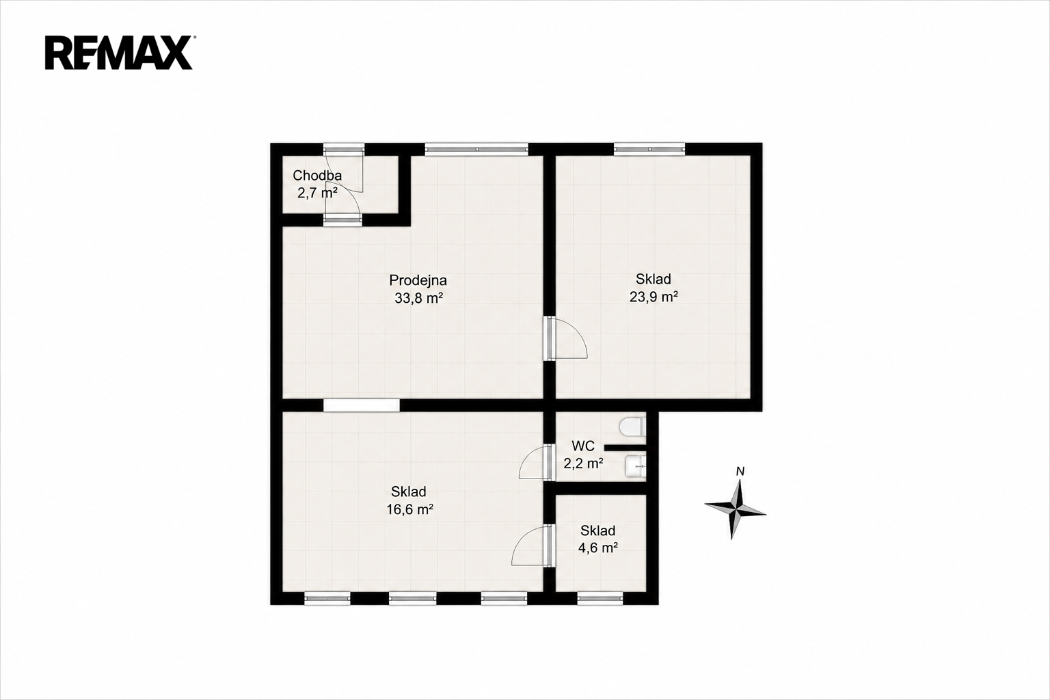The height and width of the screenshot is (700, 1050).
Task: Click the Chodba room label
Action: tap(317, 176)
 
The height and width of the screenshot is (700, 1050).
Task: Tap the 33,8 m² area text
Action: tap(418, 298)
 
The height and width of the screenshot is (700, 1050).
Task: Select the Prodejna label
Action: tap(418, 280)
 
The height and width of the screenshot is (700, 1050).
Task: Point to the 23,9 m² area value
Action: tap(654, 297)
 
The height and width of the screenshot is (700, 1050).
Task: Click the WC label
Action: tap(583, 446)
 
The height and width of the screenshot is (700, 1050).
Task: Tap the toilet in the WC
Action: tap(632, 427)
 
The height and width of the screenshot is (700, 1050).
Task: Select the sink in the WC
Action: tap(636, 467)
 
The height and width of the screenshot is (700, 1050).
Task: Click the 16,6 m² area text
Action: tap(409, 509)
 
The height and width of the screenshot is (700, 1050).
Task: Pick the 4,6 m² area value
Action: tap(597, 548)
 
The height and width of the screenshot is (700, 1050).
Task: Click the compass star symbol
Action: tap(735, 508)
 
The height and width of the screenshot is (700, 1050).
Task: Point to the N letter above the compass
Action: tap(740, 472)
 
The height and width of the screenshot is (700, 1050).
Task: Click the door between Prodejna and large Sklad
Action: tap(565, 339)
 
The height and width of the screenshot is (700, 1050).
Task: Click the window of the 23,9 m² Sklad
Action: tap(649, 149)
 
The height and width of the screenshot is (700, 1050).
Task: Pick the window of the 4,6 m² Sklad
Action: tap(600, 598)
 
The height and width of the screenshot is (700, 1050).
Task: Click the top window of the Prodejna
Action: tap(476, 149)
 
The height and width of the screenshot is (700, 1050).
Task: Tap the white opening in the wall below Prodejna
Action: tap(362, 405)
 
